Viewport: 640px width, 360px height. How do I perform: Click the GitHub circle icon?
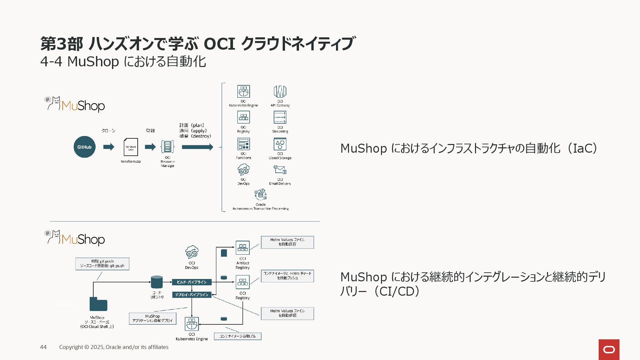tap(84, 147)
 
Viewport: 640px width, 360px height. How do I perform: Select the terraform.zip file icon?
tap(131, 147)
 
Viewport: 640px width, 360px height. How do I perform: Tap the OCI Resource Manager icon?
tap(167, 147)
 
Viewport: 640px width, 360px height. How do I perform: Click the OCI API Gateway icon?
tap(280, 91)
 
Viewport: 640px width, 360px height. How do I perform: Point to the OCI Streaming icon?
tap(280, 117)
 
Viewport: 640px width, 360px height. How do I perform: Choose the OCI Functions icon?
tap(243, 144)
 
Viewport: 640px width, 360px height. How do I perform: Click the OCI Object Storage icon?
tap(280, 144)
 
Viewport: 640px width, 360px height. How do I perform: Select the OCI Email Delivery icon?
tap(280, 170)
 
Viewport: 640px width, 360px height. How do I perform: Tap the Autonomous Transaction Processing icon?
tap(261, 195)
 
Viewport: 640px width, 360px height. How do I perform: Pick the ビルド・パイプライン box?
tap(192, 282)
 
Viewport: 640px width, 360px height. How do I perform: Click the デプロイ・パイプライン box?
tap(192, 295)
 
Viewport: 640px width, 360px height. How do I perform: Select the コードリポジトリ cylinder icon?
tap(157, 282)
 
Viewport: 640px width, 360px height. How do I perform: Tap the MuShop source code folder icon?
tap(98, 304)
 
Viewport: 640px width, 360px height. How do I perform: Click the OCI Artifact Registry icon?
tap(243, 248)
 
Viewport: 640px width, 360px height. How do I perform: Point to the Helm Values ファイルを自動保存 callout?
tap(287, 242)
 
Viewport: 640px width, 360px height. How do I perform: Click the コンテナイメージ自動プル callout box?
tap(237, 336)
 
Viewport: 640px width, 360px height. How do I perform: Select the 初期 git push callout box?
tap(102, 264)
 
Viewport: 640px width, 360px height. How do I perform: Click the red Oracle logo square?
tap(609, 349)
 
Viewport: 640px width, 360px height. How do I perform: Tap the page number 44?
tap(43, 347)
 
